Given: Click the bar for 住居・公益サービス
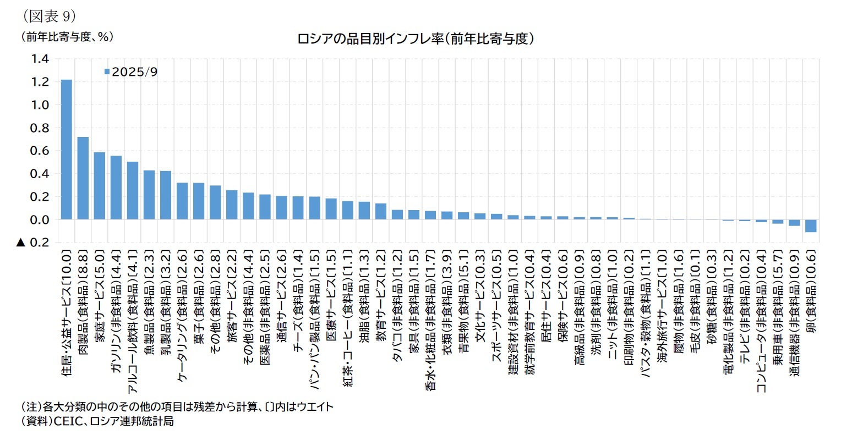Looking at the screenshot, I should tap(66, 150).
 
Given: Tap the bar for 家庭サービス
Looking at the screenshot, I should tap(100, 186).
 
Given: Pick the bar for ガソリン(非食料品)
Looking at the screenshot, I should tap(116, 188).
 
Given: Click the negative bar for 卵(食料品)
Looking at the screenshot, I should tap(811, 225).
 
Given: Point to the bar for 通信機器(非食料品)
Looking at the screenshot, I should tap(794, 223).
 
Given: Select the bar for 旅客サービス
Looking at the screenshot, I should tap(232, 205).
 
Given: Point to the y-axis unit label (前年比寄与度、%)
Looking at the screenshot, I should tap(67, 37).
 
